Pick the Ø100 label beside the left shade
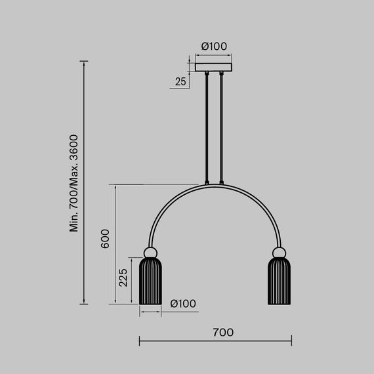pyautogui.click(x=183, y=303)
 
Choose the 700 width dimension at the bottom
pyautogui.click(x=223, y=333)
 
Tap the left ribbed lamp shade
pyautogui.click(x=150, y=281)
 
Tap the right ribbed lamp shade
pyautogui.click(x=280, y=281)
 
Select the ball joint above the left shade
pyautogui.click(x=150, y=253)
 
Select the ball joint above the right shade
pyautogui.click(x=280, y=253)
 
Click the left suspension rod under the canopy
pyautogui.click(x=208, y=128)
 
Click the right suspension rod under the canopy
pyautogui.click(x=222, y=128)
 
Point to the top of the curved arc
pyautogui.click(x=215, y=185)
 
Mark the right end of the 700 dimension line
pyautogui.click(x=291, y=341)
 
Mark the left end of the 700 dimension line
pyautogui.click(x=140, y=341)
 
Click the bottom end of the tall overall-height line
pyautogui.click(x=83, y=304)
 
